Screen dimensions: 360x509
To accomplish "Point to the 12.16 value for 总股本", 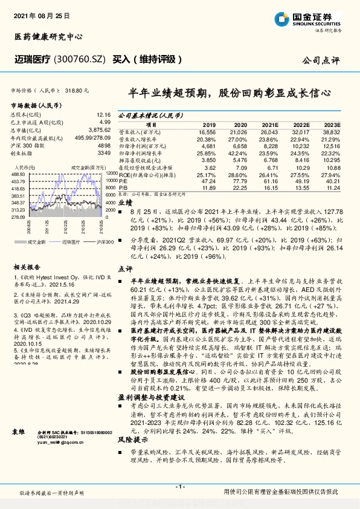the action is click(103, 114).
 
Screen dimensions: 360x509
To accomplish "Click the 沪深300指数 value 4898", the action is click(103, 146).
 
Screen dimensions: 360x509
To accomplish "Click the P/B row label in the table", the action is click(122, 187).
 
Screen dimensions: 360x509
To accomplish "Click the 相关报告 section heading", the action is click(27, 266).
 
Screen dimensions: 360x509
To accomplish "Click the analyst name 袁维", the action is click(20, 433).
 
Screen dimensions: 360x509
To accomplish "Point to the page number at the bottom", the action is click(179, 487).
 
